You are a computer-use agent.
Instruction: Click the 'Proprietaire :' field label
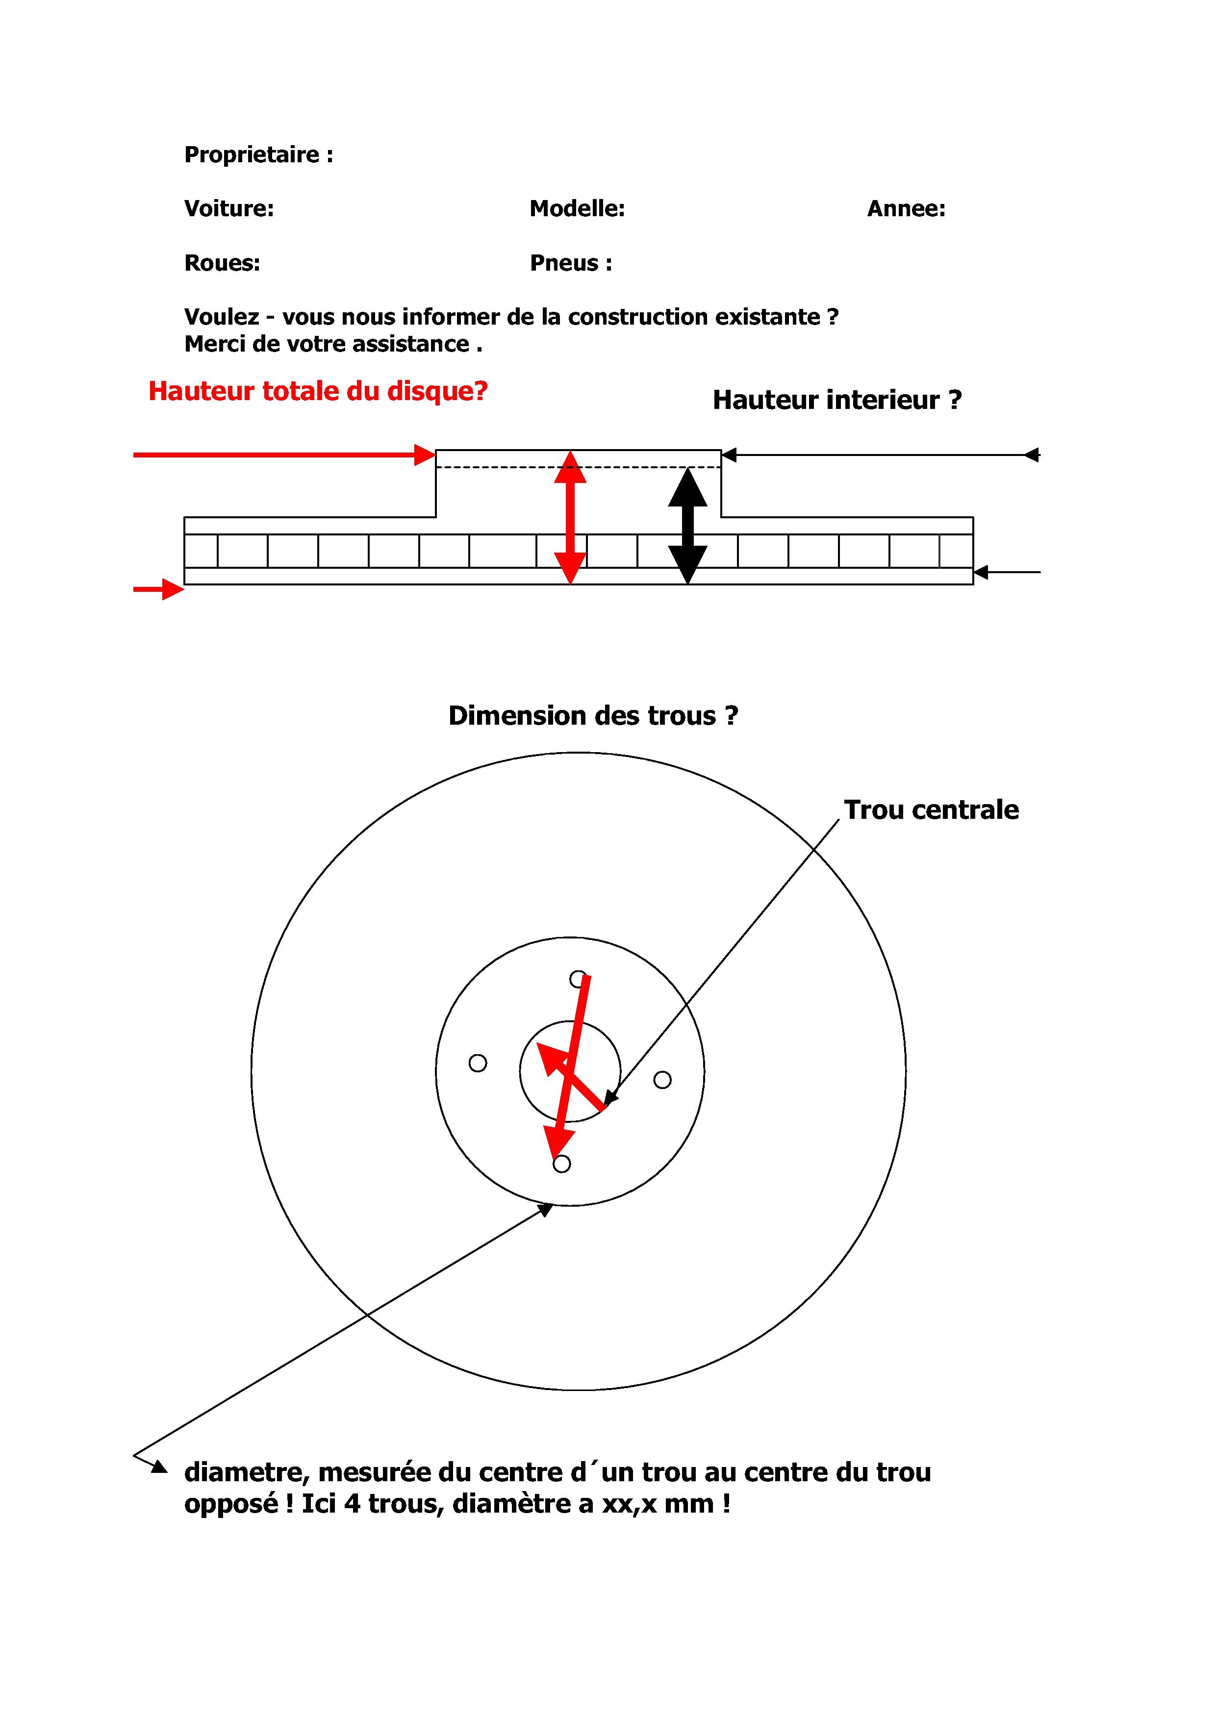258,155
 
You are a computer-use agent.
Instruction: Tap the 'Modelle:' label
577,209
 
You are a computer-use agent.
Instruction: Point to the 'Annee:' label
906,209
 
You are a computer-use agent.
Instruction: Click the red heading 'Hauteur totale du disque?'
318,391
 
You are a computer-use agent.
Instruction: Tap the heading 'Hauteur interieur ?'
837,400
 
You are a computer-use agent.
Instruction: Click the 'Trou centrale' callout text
931,810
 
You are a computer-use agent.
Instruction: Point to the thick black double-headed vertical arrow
688,526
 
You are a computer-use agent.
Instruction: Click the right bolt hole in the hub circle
662,1080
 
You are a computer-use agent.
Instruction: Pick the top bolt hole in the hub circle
578,979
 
